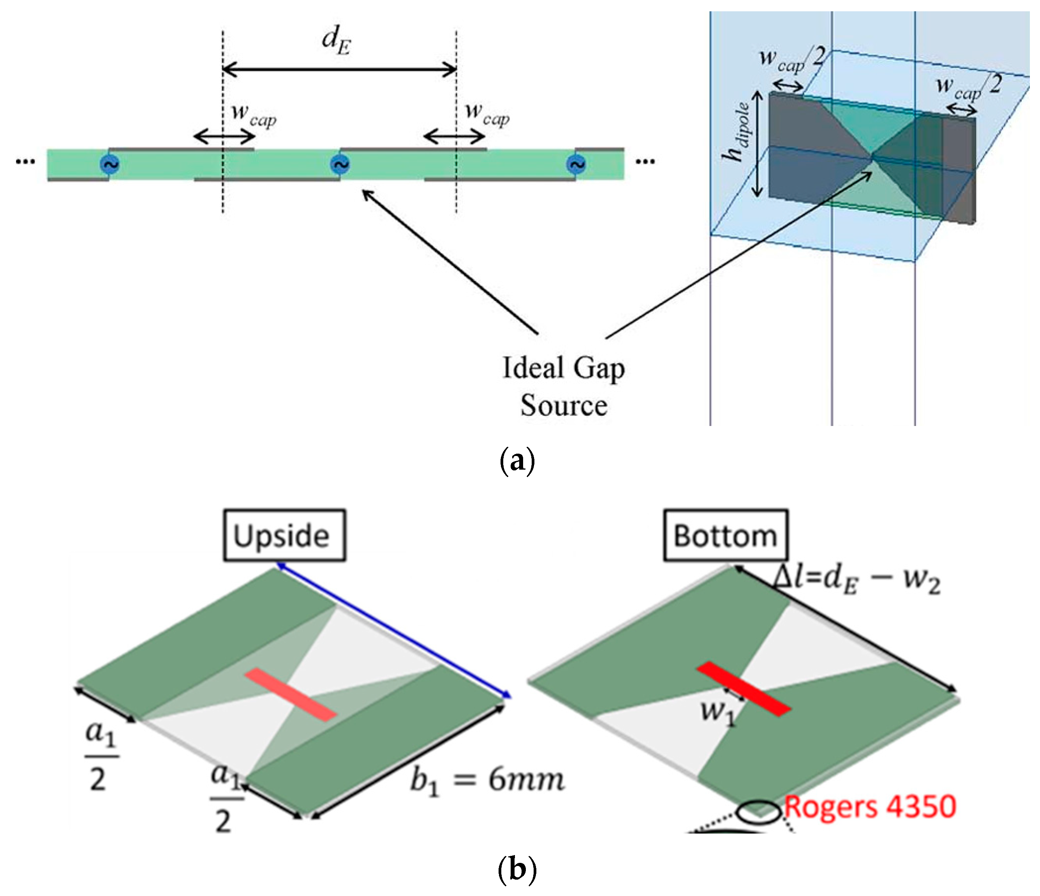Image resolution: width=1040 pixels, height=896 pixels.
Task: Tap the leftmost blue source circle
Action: coord(109,164)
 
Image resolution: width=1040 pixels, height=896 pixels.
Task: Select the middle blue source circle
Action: coord(340,164)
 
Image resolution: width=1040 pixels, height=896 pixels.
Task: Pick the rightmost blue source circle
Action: coord(576,164)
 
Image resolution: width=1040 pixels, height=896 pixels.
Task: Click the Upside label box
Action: coord(284,535)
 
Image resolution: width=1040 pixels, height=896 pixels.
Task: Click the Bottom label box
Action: coord(725,535)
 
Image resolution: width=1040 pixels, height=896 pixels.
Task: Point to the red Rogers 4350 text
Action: coord(869,807)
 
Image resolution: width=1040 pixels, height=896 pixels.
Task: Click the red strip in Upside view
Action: coord(290,695)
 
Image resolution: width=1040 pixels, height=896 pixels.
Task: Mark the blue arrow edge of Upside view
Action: coord(394,631)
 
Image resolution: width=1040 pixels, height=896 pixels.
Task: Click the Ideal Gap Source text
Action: coord(563,387)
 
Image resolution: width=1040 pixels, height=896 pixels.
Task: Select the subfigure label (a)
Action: coord(518,460)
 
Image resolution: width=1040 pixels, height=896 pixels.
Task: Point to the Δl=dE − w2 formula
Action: coord(855,581)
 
